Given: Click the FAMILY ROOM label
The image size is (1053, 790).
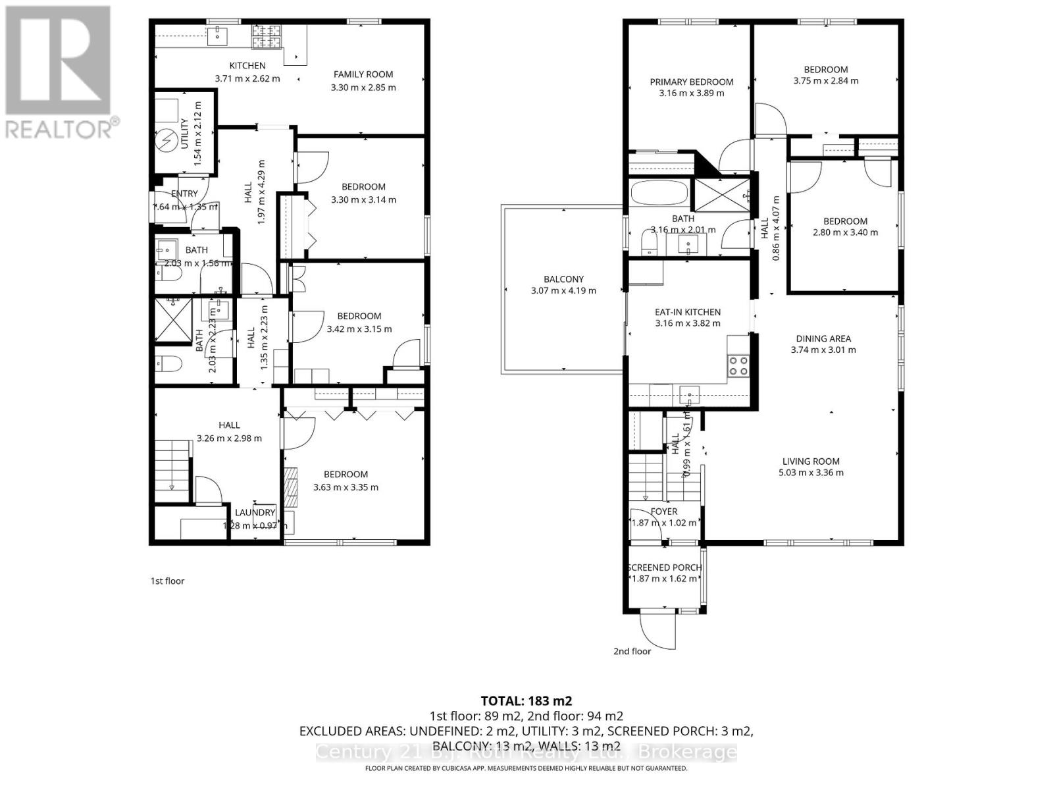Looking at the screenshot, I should pos(363,74).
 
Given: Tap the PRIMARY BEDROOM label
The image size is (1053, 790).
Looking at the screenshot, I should pos(691,82).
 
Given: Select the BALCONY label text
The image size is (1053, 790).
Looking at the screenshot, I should pos(563,279).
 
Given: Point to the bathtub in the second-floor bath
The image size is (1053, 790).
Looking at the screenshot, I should pos(659,194).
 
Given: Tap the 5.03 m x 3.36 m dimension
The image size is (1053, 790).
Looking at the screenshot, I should pos(811,473).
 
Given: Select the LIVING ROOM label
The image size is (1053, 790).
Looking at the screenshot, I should pos(811,461).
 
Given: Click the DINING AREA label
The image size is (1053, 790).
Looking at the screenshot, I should pos(823,338).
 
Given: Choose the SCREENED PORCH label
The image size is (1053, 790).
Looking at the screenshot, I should pos(664,567).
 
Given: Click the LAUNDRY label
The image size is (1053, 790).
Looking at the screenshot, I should pos(255,513).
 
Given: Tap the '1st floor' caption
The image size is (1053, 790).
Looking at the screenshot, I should pos(167,581).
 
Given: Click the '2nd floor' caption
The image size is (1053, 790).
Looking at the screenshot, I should pos(632,651).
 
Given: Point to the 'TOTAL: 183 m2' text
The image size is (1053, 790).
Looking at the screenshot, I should pos(521,700).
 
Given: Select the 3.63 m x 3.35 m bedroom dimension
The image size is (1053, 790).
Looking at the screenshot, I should pos(346,487).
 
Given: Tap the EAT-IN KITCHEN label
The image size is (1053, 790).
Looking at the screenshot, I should pos(687,312).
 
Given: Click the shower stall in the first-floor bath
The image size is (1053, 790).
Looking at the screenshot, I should pos(172,320).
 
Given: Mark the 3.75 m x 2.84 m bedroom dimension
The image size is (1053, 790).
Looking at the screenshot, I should pos(825,81).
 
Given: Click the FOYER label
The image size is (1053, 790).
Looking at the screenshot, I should pos(663,512).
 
